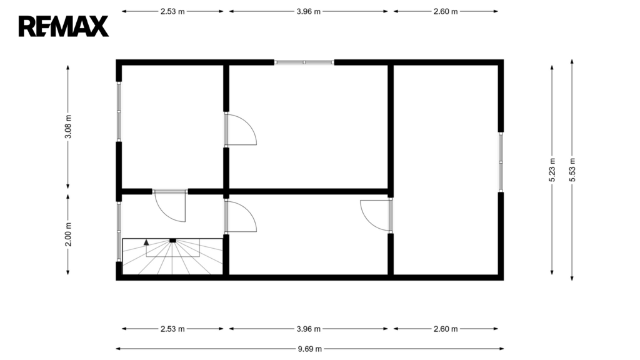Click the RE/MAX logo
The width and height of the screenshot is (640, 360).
tap(64, 26)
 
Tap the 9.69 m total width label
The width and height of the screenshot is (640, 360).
tap(310, 349)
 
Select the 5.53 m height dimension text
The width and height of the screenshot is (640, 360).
tap(572, 170)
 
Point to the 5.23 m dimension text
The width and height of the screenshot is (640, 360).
tap(552, 170)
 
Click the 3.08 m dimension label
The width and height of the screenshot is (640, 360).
tap(68, 126)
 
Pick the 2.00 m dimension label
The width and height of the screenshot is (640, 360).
tap(68, 234)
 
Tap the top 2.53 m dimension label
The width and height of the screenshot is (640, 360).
tap(172, 11)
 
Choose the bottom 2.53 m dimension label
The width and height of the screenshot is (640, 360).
tap(172, 329)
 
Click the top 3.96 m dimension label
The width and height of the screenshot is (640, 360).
tap(309, 11)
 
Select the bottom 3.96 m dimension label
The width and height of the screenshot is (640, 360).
tap(309, 329)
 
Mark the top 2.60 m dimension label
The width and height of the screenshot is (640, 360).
tap(446, 11)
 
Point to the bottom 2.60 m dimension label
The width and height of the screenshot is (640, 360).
tap(446, 329)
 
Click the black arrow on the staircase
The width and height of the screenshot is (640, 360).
tap(146, 242)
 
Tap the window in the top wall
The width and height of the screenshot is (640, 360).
tap(304, 62)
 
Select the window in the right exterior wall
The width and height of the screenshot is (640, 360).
tap(501, 162)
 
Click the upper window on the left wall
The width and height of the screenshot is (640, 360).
tap(119, 111)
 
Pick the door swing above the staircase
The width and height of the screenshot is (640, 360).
tap(170, 206)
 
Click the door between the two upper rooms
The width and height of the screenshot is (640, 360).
tap(241, 130)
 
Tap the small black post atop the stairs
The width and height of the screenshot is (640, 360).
tap(172, 241)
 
